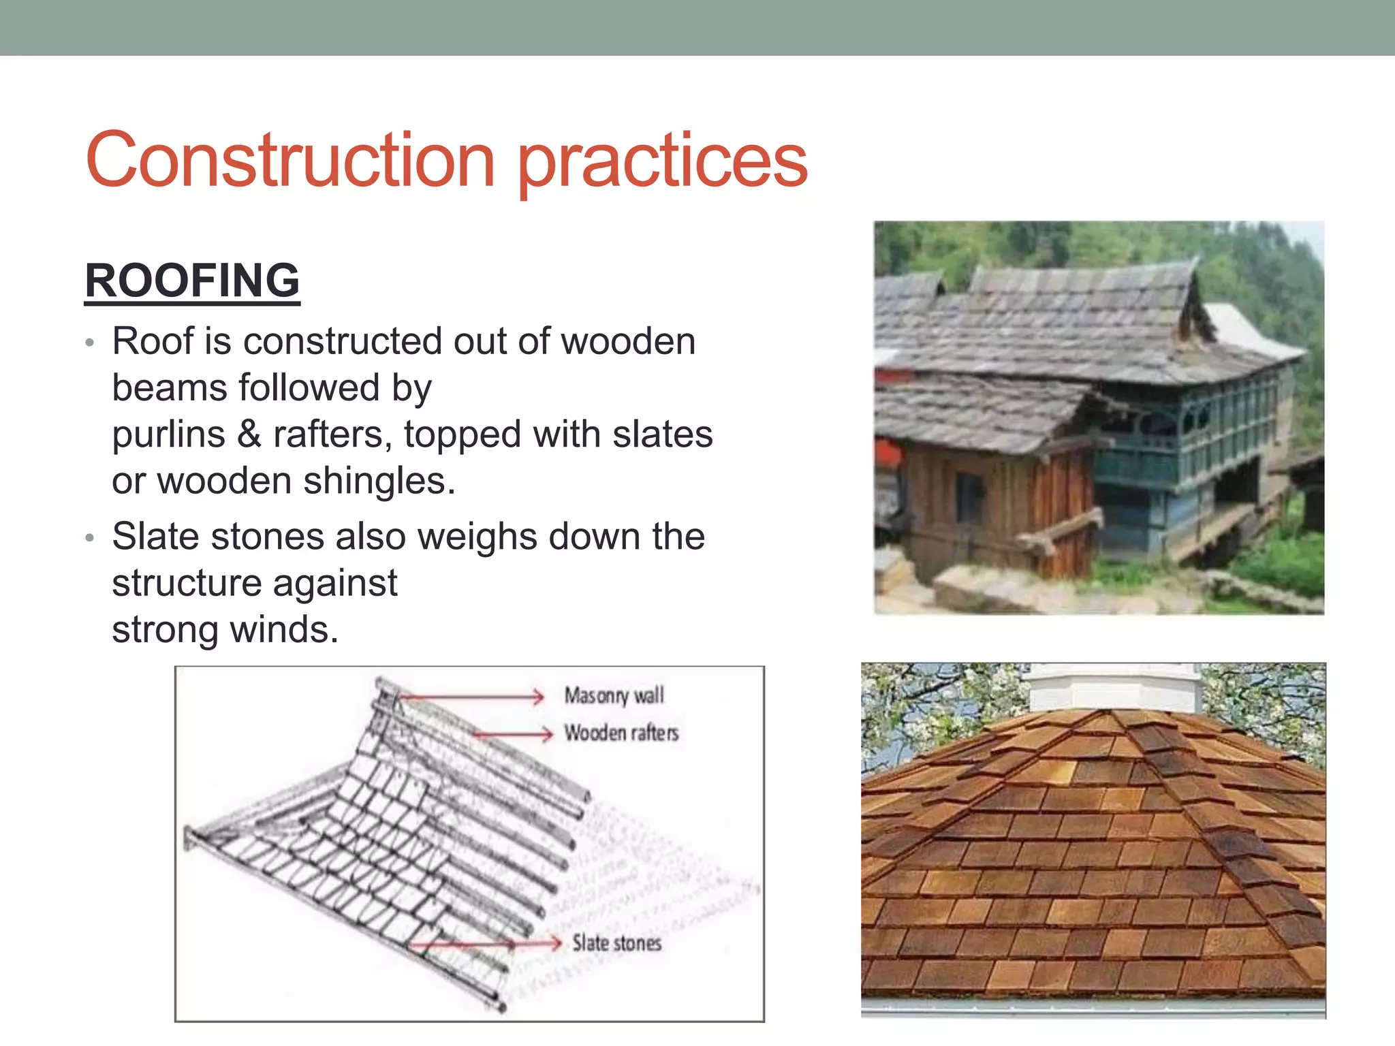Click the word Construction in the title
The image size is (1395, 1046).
pyautogui.click(x=289, y=161)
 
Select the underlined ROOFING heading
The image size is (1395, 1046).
pyautogui.click(x=192, y=281)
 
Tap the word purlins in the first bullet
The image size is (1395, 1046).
pyautogui.click(x=168, y=434)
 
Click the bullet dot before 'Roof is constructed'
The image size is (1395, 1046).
pyautogui.click(x=89, y=343)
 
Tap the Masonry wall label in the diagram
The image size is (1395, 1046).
pyautogui.click(x=614, y=695)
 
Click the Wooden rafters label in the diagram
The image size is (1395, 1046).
pyautogui.click(x=621, y=733)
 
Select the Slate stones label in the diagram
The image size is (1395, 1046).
pyautogui.click(x=616, y=943)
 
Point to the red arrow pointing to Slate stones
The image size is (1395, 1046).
pyautogui.click(x=484, y=944)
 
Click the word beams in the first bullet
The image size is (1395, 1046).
pyautogui.click(x=170, y=388)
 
